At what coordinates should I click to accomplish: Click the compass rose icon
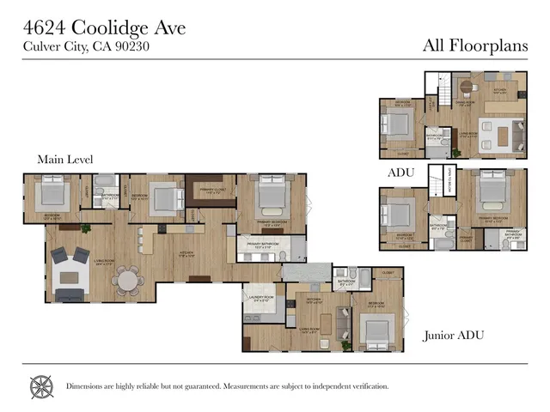tap(41, 385)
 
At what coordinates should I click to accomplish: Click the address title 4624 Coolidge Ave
tap(103, 27)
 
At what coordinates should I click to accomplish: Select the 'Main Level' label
tap(65, 159)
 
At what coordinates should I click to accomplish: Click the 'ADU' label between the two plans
tap(401, 172)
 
